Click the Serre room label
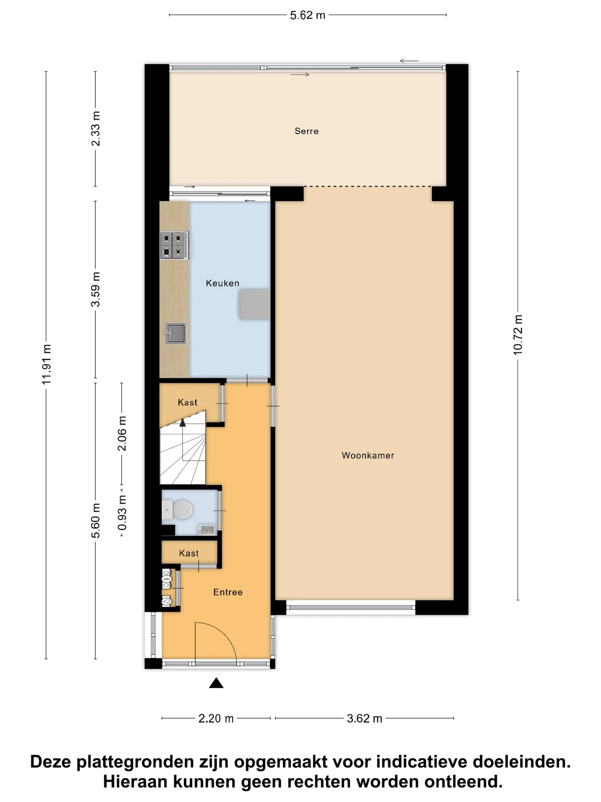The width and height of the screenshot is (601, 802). point(307,131)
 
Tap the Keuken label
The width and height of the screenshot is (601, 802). point(222,283)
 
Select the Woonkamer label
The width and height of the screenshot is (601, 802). point(368,455)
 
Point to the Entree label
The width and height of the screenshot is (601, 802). point(228,592)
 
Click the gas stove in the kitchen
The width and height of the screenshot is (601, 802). point(175,245)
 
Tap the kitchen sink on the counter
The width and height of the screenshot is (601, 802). point(176,334)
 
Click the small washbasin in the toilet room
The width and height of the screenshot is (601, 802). point(207,530)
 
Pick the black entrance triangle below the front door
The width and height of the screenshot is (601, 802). point(216,683)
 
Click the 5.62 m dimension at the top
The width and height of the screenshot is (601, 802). point(307,15)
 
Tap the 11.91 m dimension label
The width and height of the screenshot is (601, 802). point(46,364)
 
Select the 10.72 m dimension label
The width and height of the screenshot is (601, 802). point(518,335)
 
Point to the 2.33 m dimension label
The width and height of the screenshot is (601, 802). point(95,129)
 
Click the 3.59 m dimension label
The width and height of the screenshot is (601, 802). point(95,289)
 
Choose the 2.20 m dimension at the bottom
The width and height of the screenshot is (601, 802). point(216,719)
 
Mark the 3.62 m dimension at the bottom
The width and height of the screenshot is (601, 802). point(364,719)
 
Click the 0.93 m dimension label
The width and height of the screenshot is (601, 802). point(122,512)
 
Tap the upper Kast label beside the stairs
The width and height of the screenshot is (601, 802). point(187,402)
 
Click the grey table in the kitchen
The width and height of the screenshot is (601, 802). point(254,304)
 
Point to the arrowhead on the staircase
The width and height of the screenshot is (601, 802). point(183,423)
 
